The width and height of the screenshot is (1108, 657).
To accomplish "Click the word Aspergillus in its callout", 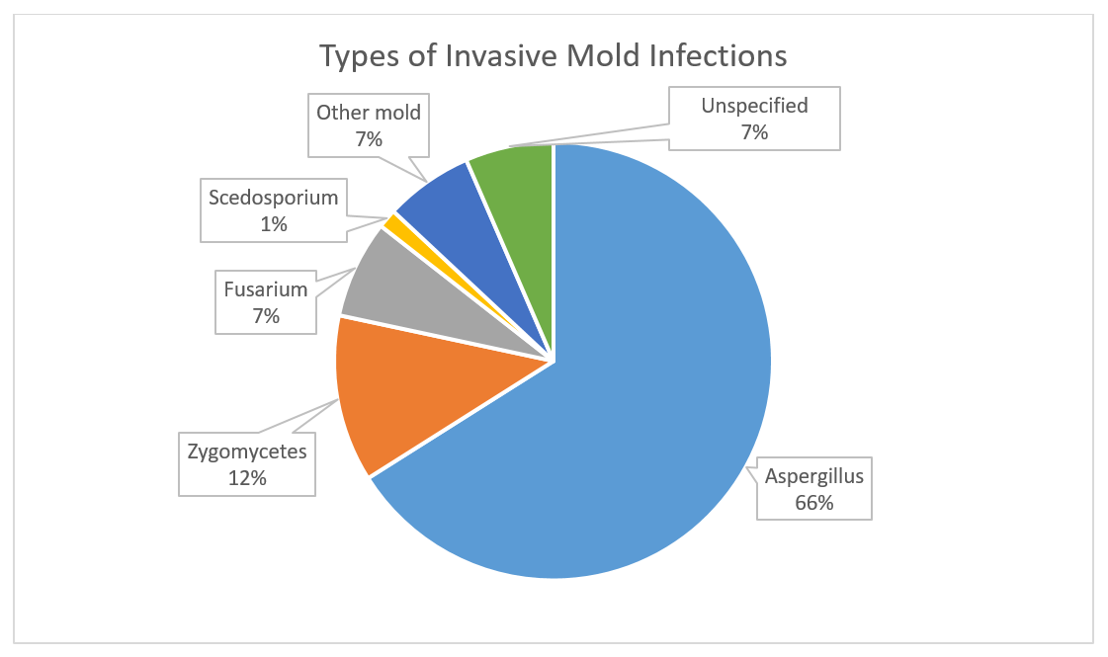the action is [x=814, y=476].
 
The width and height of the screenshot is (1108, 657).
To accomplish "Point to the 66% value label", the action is [x=814, y=502].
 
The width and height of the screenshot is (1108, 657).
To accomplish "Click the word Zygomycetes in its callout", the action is [x=247, y=452].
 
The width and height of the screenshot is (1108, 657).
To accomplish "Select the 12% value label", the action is [x=247, y=478].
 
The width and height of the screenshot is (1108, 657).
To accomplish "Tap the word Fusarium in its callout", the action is [x=266, y=288].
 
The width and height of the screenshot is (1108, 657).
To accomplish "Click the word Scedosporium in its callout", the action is [x=274, y=198].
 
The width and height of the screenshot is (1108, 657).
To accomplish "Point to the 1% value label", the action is [x=274, y=224].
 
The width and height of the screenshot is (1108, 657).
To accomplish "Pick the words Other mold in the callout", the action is [x=368, y=113].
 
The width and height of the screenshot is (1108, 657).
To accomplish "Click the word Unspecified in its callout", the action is [x=754, y=106].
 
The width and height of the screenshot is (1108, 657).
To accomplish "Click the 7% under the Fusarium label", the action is [x=266, y=316].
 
